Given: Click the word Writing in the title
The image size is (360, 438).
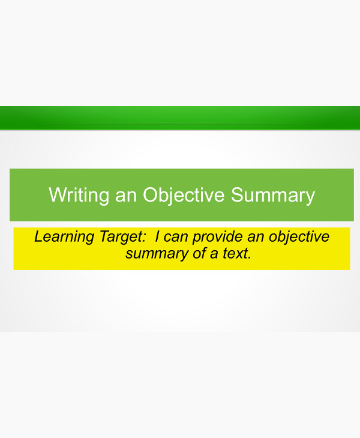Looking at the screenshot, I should [79, 196].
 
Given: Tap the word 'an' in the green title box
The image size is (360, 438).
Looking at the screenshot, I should [126, 196].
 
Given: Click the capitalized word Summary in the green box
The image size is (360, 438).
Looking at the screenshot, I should [273, 196].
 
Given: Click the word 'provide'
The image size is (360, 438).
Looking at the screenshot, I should [214, 237].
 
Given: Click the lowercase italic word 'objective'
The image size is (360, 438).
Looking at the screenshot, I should [298, 237].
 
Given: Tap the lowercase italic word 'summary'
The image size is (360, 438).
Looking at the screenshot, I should [151, 253].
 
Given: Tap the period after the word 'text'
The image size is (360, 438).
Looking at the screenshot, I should [248, 257].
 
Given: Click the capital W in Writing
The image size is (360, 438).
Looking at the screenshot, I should [56, 196].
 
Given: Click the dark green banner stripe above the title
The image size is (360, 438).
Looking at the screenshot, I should [180, 118].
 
